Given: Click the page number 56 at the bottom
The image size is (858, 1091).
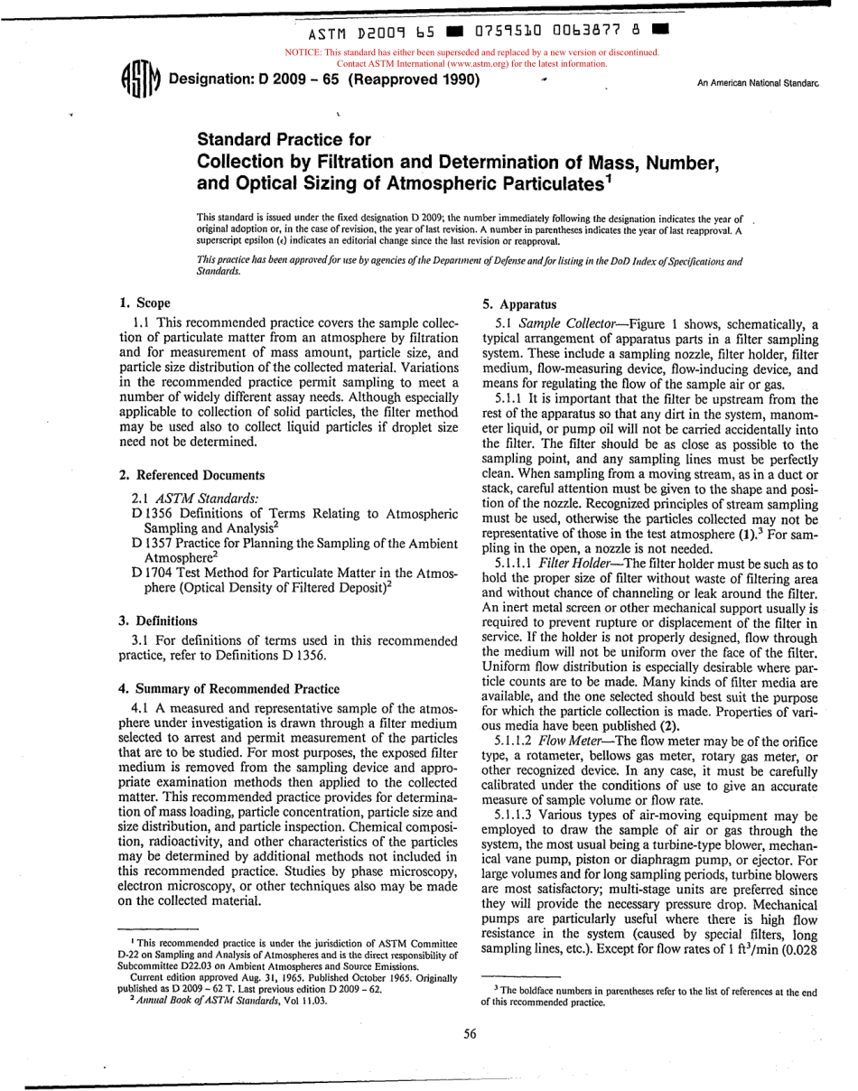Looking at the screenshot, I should point(470,1034).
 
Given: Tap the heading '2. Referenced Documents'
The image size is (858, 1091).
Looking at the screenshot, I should point(191,475).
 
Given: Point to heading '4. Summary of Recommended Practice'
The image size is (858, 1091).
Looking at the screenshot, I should point(229,688).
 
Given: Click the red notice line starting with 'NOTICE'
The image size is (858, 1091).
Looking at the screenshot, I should point(471,52).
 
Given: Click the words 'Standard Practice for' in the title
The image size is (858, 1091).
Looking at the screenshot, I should point(284,140).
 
